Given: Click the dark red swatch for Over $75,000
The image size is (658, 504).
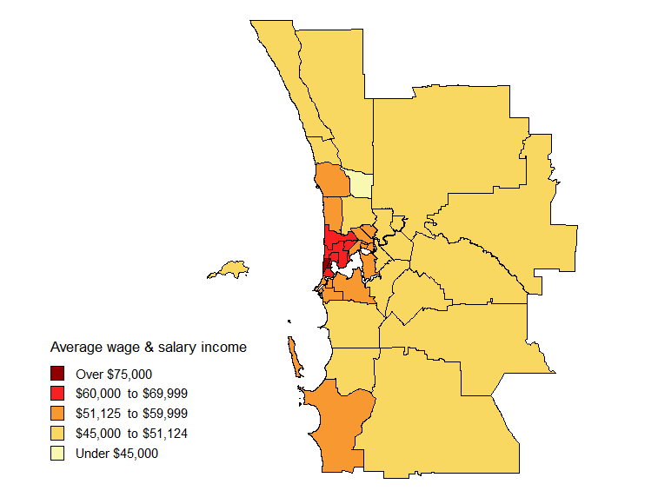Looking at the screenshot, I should (57, 373).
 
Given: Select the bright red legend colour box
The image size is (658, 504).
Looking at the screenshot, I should (57, 393).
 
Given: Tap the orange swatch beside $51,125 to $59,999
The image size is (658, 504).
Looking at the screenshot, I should (57, 413).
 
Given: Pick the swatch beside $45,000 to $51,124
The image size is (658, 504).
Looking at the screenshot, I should (57, 433).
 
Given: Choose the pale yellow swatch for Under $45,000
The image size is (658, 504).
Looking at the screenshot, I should (57, 453).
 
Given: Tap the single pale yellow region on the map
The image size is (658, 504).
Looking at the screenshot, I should (361, 184).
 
